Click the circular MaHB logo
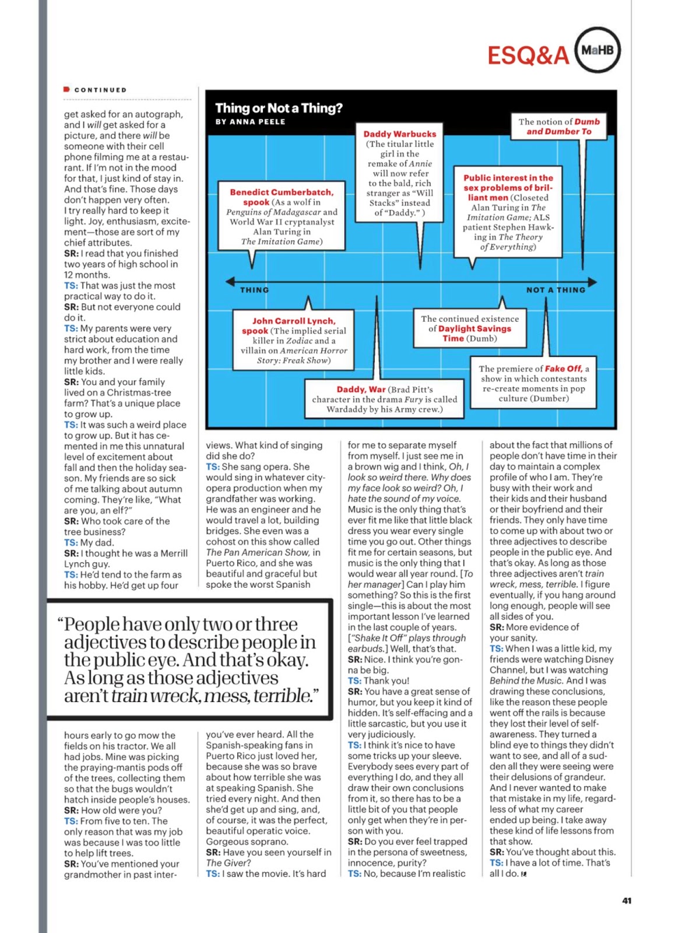click(x=597, y=51)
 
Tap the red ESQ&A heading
click(x=528, y=56)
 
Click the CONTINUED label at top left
click(x=100, y=90)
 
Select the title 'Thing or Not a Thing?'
click(x=279, y=108)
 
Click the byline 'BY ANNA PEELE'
click(x=250, y=122)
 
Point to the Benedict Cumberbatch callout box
click(x=282, y=216)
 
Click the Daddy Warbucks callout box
click(x=400, y=173)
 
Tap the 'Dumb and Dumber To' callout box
click(x=558, y=127)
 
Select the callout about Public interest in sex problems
click(x=508, y=212)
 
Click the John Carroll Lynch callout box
click(x=293, y=341)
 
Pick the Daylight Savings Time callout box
click(x=470, y=328)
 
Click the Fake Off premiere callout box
click(x=533, y=383)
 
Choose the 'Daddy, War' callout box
click(x=384, y=399)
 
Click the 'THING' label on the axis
click(x=255, y=290)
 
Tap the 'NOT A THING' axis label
click(x=555, y=290)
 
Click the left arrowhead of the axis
click(x=230, y=282)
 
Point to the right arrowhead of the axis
click(x=593, y=282)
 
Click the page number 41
click(x=627, y=900)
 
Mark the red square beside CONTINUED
click(x=67, y=89)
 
